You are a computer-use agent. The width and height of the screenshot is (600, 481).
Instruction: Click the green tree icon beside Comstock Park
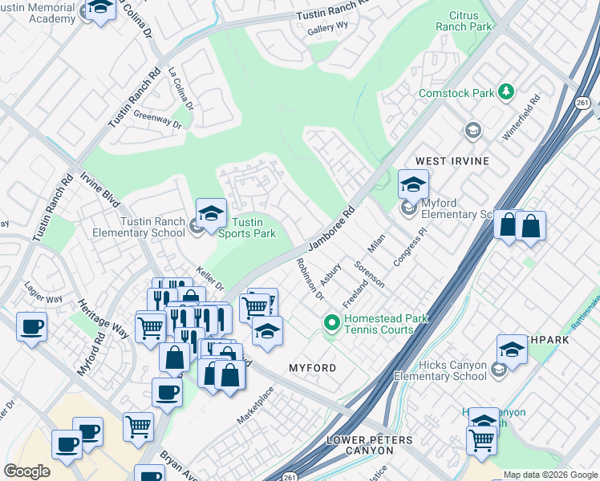tap(505, 93)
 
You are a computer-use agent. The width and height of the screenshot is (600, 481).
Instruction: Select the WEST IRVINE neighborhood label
tap(452, 161)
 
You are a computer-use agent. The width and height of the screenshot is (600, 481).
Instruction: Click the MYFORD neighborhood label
tap(312, 367)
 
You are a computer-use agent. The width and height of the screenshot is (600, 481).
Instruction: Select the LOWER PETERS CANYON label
tap(370, 446)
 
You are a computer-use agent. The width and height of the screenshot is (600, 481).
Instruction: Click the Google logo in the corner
tap(27, 471)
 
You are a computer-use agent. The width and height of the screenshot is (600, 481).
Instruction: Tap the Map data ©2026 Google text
tap(550, 475)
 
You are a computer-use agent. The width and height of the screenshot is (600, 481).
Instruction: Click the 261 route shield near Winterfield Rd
tap(583, 102)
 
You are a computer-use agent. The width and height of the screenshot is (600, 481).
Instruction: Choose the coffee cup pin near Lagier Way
tap(31, 327)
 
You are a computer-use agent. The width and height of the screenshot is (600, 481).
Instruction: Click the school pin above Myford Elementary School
tap(413, 184)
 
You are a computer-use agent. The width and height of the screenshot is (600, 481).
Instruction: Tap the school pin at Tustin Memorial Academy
tap(99, 9)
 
